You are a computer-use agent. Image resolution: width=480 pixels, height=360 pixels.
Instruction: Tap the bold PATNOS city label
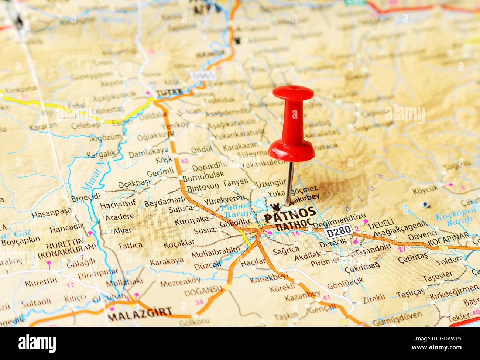(x=290, y=214)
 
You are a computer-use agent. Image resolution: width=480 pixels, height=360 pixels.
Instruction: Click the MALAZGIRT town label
(x=140, y=312)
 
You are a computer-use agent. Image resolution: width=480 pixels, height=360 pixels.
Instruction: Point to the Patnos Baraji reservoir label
(x=236, y=210)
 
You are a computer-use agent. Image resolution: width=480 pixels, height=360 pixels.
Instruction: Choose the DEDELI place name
(x=381, y=224)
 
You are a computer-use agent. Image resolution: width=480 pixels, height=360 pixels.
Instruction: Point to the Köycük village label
(x=425, y=190)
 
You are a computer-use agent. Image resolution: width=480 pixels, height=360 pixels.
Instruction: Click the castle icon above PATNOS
(x=274, y=207)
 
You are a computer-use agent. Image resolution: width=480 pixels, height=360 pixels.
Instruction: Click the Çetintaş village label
(x=413, y=257)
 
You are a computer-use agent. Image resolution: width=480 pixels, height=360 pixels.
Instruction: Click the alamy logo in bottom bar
(x=37, y=343)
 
